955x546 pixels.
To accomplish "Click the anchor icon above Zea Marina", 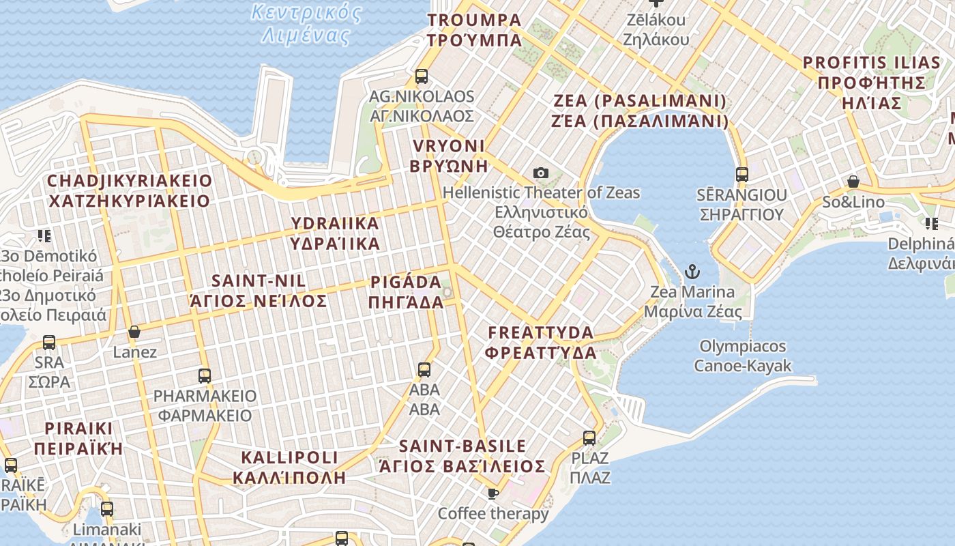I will pyautogui.click(x=692, y=272).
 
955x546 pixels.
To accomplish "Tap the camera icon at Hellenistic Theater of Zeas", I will pyautogui.click(x=541, y=173).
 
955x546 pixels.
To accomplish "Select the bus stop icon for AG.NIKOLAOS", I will pyautogui.click(x=422, y=76).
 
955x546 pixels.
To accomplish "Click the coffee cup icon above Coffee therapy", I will pyautogui.click(x=493, y=493).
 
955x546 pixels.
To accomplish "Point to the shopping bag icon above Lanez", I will pyautogui.click(x=134, y=332).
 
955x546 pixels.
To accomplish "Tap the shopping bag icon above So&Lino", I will pyautogui.click(x=853, y=182).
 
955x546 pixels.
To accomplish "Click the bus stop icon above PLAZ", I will pyautogui.click(x=589, y=437).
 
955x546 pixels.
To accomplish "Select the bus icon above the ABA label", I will pyautogui.click(x=424, y=370).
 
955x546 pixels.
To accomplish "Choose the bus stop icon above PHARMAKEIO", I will pyautogui.click(x=204, y=375).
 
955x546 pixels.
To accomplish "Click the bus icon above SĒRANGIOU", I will pyautogui.click(x=741, y=174).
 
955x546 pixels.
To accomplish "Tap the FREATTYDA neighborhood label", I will pyautogui.click(x=542, y=343).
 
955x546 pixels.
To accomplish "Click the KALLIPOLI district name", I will pyautogui.click(x=289, y=467).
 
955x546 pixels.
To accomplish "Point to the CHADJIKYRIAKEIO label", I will pyautogui.click(x=129, y=190).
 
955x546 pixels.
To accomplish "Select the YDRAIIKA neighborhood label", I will pyautogui.click(x=335, y=233).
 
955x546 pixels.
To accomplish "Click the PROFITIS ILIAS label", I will pyautogui.click(x=871, y=83).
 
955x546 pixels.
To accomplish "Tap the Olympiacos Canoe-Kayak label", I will pyautogui.click(x=742, y=356).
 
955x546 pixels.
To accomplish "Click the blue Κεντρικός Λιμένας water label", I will pyautogui.click(x=306, y=23).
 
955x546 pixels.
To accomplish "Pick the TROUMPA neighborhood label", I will pyautogui.click(x=474, y=29).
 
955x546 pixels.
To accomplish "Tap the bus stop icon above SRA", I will pyautogui.click(x=49, y=342).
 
